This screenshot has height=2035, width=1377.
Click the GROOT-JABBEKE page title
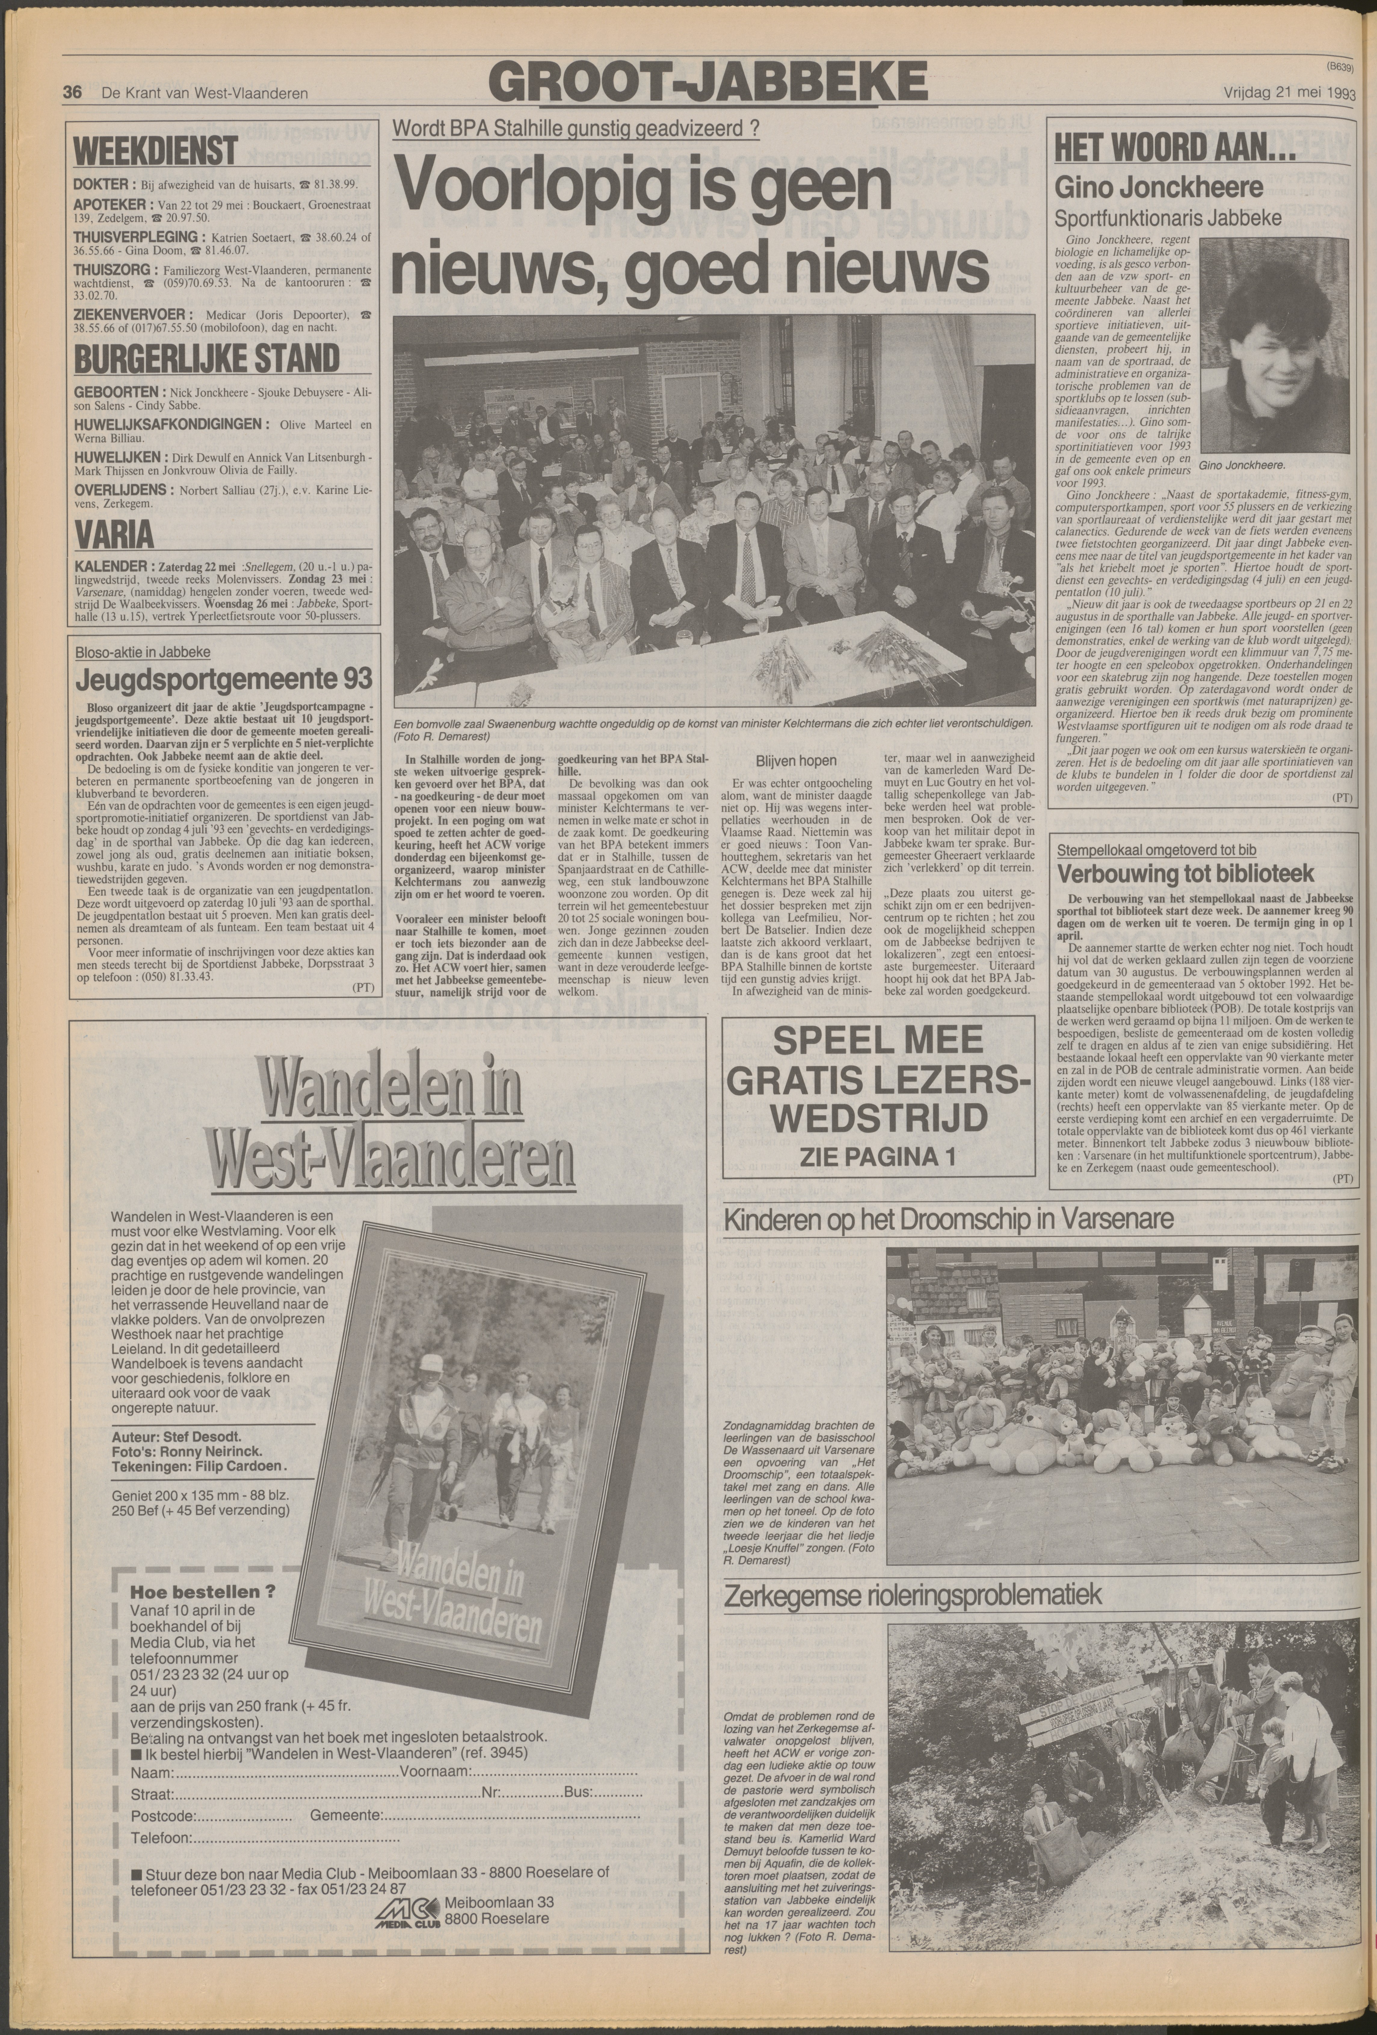707,83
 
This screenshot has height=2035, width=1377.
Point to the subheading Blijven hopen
796,761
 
